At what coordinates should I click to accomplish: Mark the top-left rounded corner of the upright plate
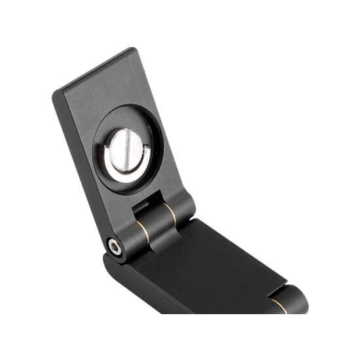click(58, 93)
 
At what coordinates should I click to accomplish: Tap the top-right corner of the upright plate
click(134, 50)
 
